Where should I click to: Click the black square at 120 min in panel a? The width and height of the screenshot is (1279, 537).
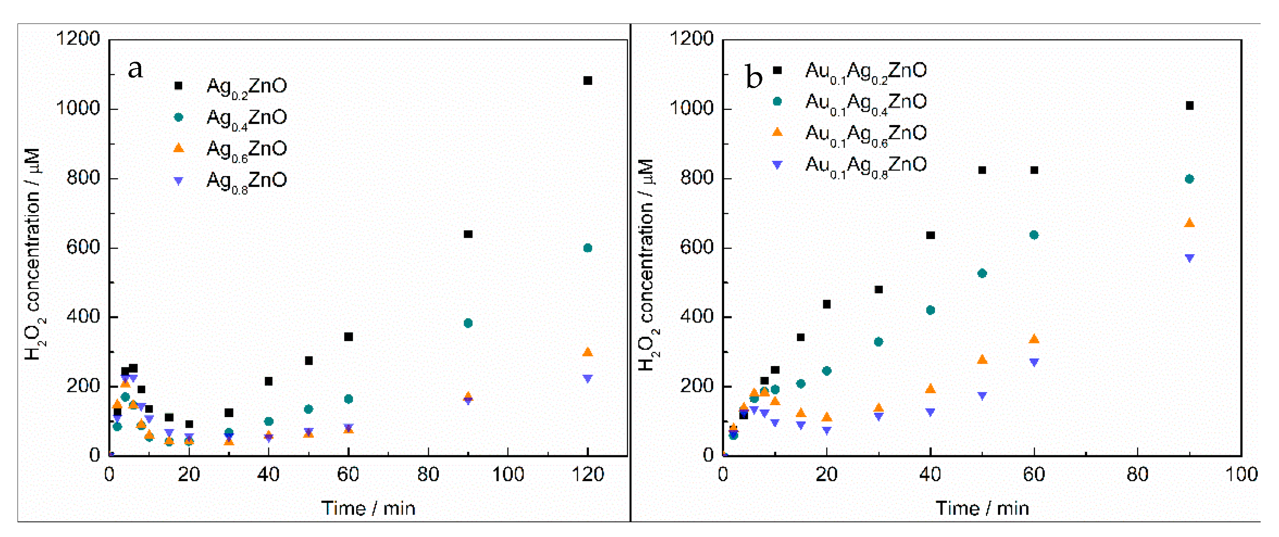[x=587, y=80]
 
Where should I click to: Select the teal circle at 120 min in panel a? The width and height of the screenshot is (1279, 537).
[x=587, y=248]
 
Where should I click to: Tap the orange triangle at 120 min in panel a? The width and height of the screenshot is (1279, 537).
[x=587, y=352]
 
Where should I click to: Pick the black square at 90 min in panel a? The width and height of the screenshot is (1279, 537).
[x=468, y=234]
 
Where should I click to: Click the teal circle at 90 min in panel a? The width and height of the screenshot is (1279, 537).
[x=468, y=323]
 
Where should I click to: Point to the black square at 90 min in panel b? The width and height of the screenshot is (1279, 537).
[x=1189, y=105]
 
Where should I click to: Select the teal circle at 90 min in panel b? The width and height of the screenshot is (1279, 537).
[x=1189, y=179]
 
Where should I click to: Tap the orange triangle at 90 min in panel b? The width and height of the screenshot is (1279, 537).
[x=1189, y=223]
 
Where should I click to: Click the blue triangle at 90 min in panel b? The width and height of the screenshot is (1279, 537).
[x=1189, y=258]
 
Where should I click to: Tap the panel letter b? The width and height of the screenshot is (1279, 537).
[x=754, y=78]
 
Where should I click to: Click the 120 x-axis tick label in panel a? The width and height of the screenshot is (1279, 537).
[x=587, y=475]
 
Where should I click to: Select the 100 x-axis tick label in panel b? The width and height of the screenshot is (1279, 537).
[x=1241, y=475]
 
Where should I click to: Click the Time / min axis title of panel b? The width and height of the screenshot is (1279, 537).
[x=982, y=508]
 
